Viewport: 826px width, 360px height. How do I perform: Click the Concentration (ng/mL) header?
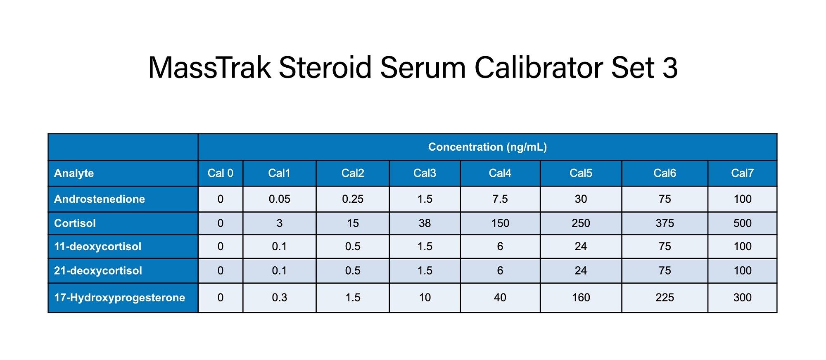487,147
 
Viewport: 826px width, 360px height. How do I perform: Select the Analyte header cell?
74,173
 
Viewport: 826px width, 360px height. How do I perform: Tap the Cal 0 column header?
220,173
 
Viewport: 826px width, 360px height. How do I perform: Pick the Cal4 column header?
500,173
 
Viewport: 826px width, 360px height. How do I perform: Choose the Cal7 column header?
742,173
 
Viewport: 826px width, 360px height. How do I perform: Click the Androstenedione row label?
100,199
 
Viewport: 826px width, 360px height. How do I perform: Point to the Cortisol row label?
75,223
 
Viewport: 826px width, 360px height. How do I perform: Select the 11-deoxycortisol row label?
97,246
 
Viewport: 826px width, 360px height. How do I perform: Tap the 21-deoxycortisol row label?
98,271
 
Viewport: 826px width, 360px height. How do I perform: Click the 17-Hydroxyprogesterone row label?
119,298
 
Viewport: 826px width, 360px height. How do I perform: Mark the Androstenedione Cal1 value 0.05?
280,199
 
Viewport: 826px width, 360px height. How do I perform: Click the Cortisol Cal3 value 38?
425,223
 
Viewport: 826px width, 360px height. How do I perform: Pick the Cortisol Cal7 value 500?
742,223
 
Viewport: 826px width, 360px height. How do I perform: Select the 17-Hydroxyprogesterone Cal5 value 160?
581,298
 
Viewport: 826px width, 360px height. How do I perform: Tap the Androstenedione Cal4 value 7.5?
500,199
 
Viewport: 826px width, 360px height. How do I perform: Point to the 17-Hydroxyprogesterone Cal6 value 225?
665,298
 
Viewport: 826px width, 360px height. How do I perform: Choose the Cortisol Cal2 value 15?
353,223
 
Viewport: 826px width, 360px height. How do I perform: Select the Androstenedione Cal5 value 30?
581,199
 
